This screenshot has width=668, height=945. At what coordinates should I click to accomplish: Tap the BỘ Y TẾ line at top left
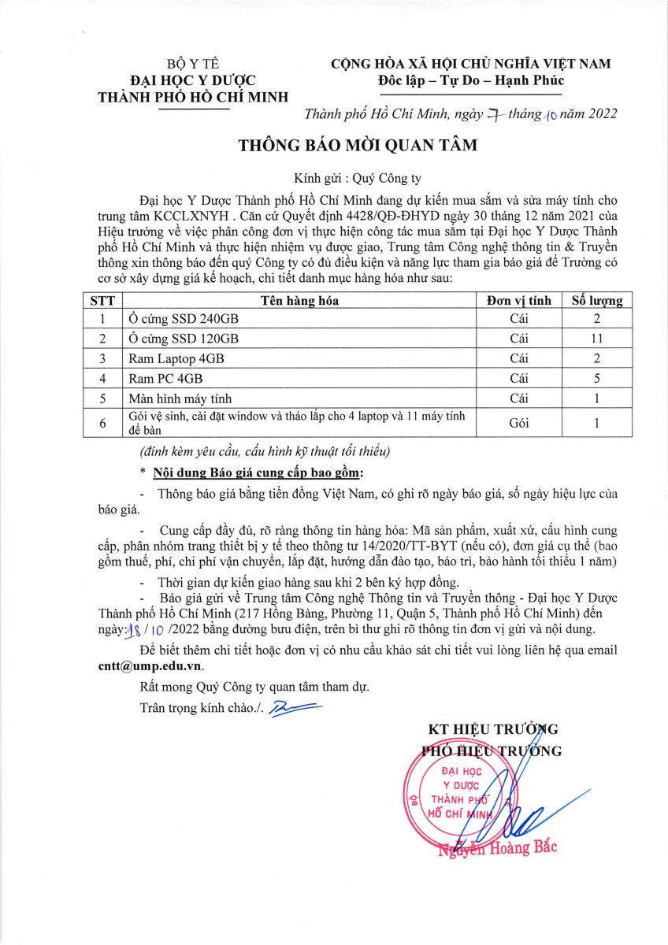[192, 64]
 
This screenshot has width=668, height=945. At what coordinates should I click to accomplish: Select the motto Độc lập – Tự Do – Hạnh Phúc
[471, 80]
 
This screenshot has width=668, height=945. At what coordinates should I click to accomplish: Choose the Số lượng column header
[596, 300]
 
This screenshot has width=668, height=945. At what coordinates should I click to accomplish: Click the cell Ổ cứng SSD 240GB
[183, 319]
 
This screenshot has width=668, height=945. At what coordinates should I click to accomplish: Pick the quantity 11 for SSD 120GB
[596, 339]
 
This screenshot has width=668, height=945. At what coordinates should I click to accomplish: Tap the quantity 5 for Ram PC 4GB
[596, 378]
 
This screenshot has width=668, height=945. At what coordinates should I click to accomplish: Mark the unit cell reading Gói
[518, 423]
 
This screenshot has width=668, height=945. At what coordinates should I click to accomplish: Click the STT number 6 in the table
[102, 423]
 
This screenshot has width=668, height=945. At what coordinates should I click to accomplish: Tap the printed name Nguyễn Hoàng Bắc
[498, 847]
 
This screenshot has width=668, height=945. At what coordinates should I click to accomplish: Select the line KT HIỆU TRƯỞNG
[492, 728]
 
